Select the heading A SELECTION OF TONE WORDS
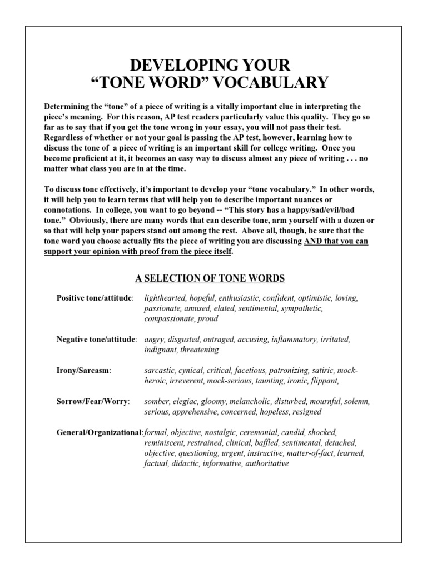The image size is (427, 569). (210, 278)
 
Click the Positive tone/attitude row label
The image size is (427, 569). (95, 298)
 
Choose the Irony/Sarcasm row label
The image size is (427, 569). (84, 370)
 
